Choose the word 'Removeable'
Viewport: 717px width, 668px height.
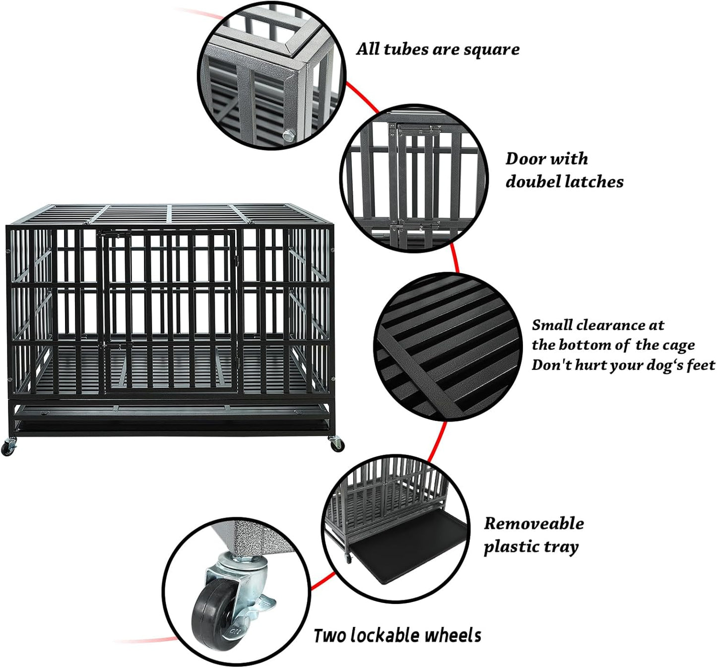534,523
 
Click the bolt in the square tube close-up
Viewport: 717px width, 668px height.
287,134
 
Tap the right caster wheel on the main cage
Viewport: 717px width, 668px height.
337,445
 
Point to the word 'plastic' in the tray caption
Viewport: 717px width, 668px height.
511,547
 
